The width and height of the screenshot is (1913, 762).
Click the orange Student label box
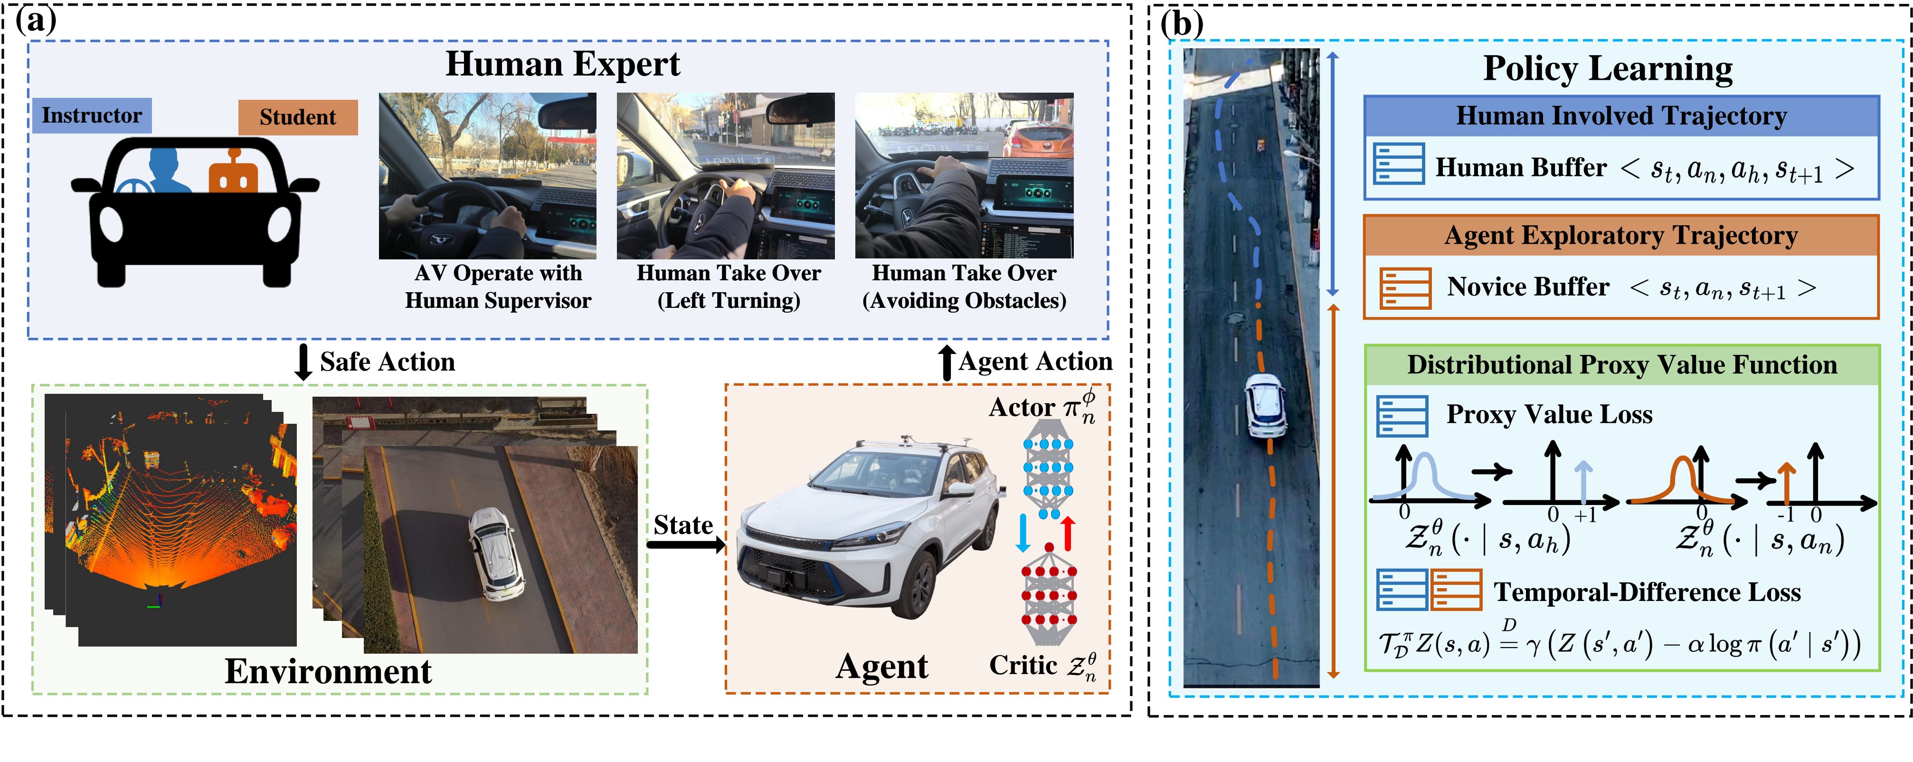298,117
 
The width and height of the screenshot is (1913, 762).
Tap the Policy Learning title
1608,68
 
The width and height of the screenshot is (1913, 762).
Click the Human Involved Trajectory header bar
1621,116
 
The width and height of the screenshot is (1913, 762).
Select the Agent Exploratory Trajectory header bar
1621,236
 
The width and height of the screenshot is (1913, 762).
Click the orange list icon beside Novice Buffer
1405,288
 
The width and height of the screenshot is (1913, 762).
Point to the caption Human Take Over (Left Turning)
729,286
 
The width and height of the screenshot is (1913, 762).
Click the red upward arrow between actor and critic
1068,533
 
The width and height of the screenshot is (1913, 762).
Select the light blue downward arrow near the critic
1023,533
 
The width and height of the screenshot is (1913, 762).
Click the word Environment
328,671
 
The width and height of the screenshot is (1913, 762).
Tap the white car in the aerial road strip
1265,405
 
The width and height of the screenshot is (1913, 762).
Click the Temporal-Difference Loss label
1647,592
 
